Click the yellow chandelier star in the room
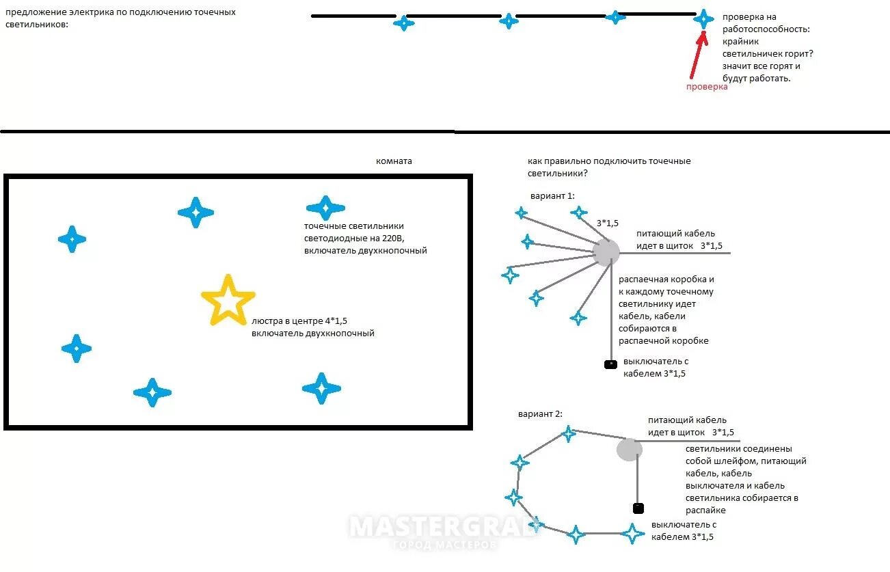pos(228,300)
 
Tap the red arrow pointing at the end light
pos(695,57)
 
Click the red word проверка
pos(707,87)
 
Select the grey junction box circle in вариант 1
pos(606,252)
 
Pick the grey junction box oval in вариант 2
pos(630,450)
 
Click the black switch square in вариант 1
pos(610,364)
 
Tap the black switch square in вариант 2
pos(638,508)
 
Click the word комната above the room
pos(394,161)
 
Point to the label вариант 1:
pos(552,196)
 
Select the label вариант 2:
pos(540,414)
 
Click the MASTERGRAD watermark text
pos(443,528)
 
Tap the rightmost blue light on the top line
pos(703,18)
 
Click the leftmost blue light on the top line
pos(403,23)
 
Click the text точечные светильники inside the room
pos(354,226)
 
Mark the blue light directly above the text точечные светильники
pos(325,208)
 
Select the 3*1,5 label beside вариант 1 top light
pos(607,223)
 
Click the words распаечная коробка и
pos(666,280)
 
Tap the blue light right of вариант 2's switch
pos(633,532)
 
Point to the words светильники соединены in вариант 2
pos(738,449)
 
